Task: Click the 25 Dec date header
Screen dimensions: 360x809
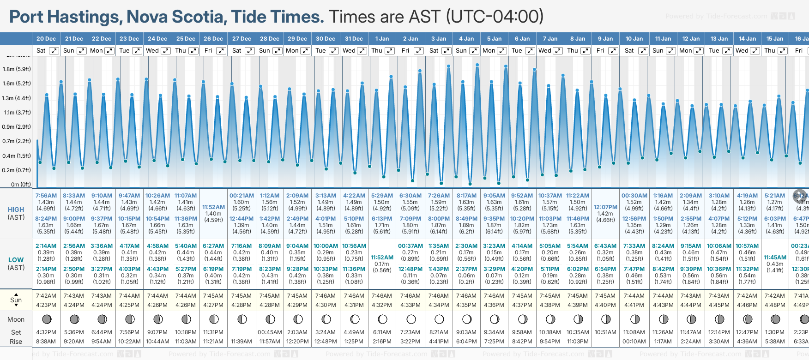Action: (186, 39)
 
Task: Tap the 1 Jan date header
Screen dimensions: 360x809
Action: (382, 39)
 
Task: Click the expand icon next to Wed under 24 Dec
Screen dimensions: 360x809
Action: (165, 51)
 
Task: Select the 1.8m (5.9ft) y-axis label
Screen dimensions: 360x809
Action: (17, 69)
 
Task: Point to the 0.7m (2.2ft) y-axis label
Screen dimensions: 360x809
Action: (17, 141)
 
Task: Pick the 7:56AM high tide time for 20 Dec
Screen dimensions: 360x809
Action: (46, 196)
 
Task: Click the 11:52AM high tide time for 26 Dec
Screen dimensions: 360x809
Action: (213, 207)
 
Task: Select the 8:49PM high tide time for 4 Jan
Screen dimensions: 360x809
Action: (466, 219)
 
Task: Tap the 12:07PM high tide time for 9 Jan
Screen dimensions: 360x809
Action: (605, 207)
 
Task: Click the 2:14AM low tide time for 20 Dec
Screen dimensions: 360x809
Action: (46, 246)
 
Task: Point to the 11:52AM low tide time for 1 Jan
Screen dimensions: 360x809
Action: (382, 258)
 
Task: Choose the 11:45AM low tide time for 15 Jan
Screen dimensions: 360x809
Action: (775, 258)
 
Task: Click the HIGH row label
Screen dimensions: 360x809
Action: (16, 210)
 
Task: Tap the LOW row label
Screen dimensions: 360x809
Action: (16, 260)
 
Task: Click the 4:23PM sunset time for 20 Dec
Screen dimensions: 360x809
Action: (46, 305)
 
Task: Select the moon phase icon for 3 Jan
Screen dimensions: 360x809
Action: (439, 319)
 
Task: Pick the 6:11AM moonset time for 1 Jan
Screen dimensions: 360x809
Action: (382, 332)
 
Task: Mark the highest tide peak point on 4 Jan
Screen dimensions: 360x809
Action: (477, 65)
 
